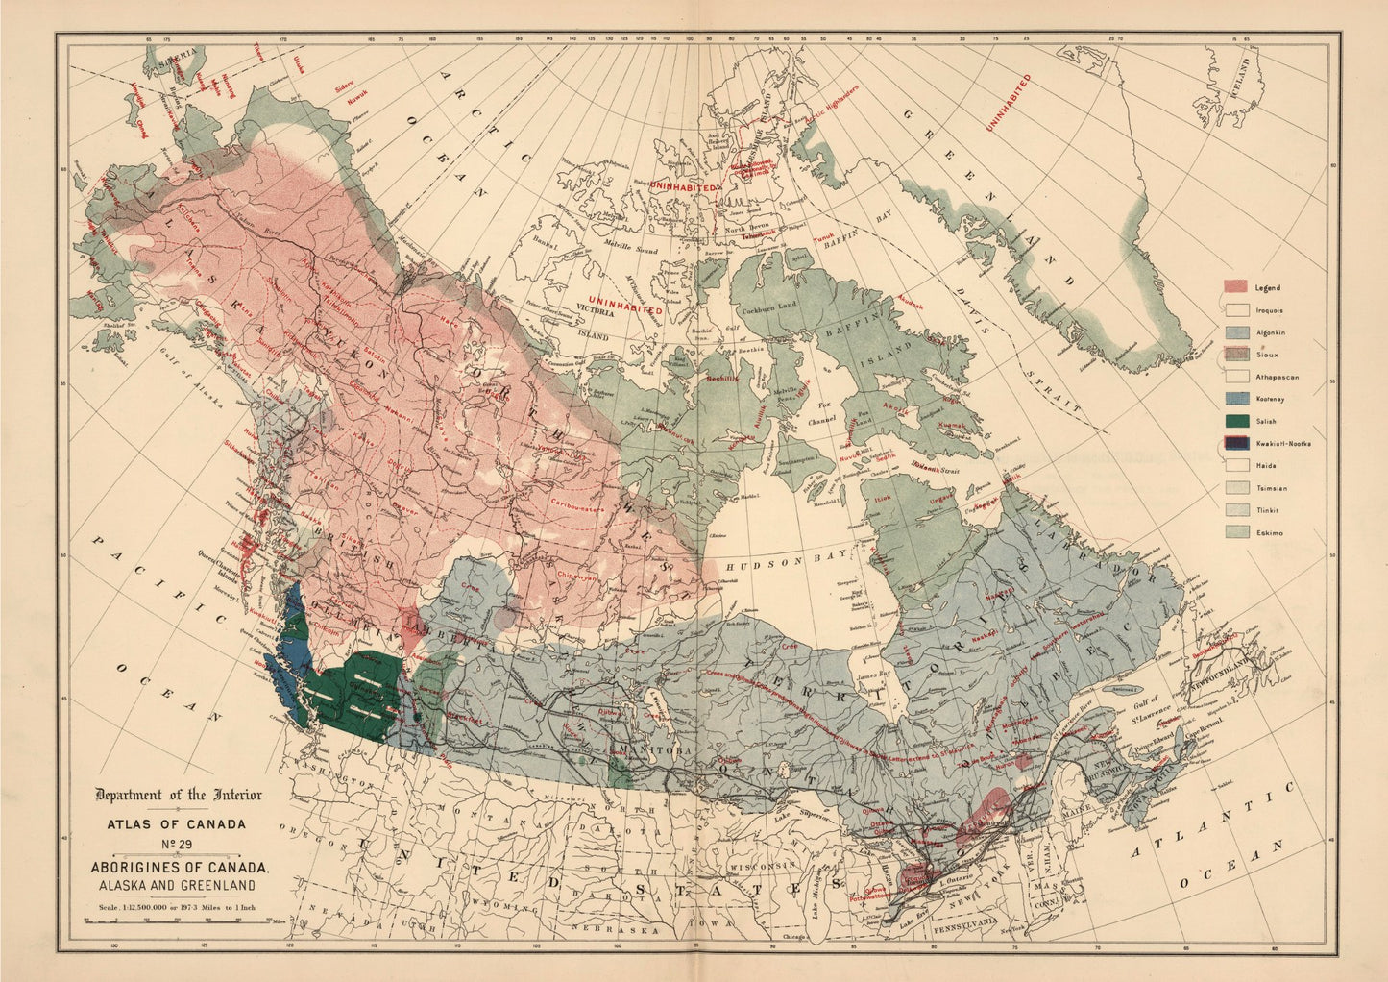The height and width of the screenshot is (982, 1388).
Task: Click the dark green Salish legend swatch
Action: point(1235,421)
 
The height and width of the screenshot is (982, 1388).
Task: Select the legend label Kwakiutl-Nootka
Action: point(1282,444)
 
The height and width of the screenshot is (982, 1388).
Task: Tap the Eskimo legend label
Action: point(1269,532)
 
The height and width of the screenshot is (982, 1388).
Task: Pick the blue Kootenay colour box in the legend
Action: point(1235,399)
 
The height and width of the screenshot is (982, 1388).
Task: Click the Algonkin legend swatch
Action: point(1235,332)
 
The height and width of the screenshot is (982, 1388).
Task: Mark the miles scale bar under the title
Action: point(177,921)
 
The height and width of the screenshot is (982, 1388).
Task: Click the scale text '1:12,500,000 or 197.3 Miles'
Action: point(177,905)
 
